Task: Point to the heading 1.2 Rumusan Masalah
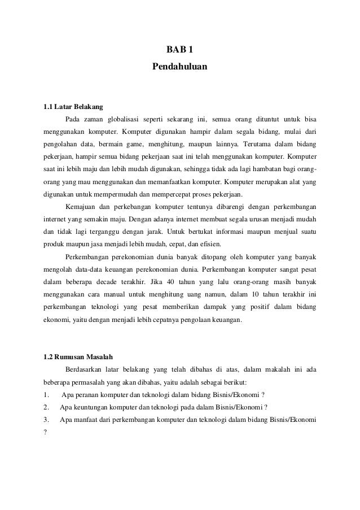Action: pos(78,356)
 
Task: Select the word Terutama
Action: pos(258,144)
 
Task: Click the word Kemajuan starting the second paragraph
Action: pos(81,206)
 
